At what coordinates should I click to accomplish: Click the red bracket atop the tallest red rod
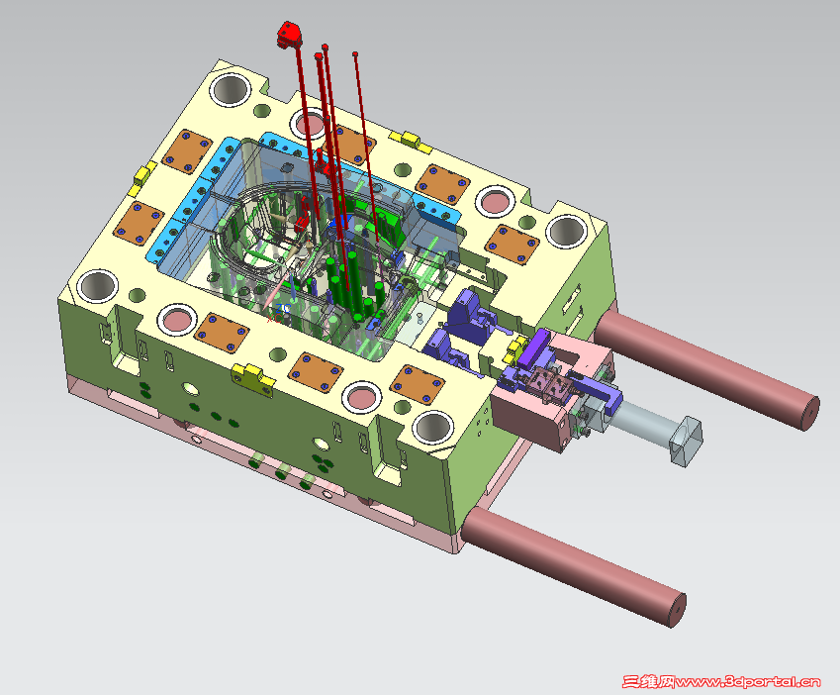(x=289, y=35)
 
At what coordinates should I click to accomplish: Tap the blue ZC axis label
(x=283, y=309)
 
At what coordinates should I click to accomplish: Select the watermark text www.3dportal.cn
(x=747, y=681)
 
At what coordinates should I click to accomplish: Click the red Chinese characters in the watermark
(x=649, y=681)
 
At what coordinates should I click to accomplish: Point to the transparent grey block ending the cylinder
(x=686, y=442)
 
